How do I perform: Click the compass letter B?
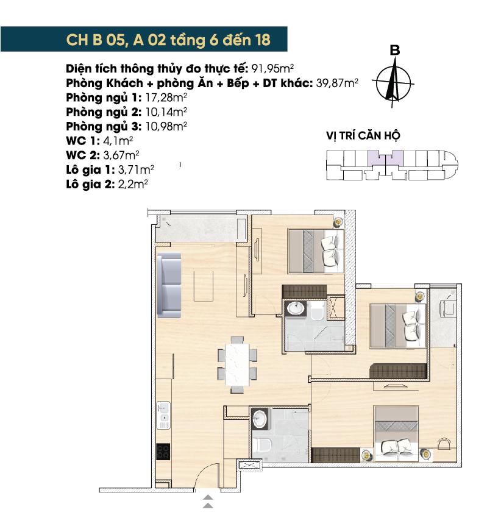pyautogui.click(x=395, y=51)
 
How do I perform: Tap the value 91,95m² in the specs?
pyautogui.click(x=272, y=68)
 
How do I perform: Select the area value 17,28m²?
pyautogui.click(x=166, y=98)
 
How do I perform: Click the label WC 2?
pyautogui.click(x=83, y=155)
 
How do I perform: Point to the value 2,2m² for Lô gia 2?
pyautogui.click(x=133, y=184)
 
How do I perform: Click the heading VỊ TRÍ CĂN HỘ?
pyautogui.click(x=363, y=136)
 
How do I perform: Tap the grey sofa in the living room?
pyautogui.click(x=169, y=285)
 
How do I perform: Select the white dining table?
pyautogui.click(x=238, y=364)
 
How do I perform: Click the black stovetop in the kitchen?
pyautogui.click(x=163, y=452)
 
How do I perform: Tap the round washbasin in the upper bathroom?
pyautogui.click(x=296, y=308)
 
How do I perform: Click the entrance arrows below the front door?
pyautogui.click(x=208, y=501)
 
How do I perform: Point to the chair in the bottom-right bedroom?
pyautogui.click(x=445, y=443)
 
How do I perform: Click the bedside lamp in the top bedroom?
pyautogui.click(x=338, y=222)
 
